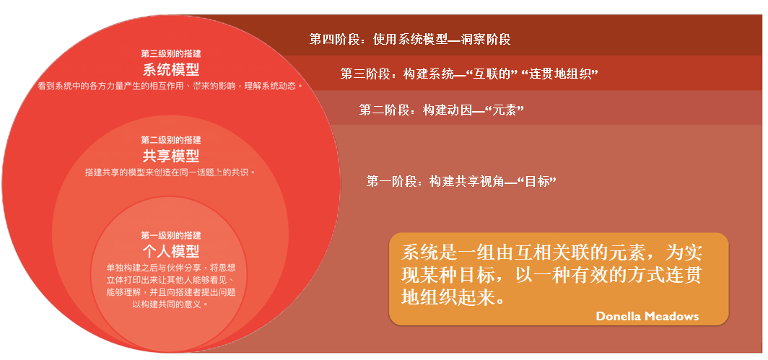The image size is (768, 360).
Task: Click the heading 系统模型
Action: pyautogui.click(x=171, y=69)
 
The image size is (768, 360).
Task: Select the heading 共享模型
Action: pyautogui.click(x=171, y=156)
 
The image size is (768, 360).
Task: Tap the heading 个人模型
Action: pyautogui.click(x=171, y=251)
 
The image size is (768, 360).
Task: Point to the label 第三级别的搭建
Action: pyautogui.click(x=171, y=54)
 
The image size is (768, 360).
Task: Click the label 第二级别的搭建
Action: pyautogui.click(x=171, y=140)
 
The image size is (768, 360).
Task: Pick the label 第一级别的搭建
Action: pyautogui.click(x=171, y=236)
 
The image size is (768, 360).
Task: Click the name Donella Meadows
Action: pyautogui.click(x=647, y=316)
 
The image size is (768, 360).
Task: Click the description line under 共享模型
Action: pyautogui.click(x=170, y=172)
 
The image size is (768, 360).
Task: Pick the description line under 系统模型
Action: pyautogui.click(x=170, y=86)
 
